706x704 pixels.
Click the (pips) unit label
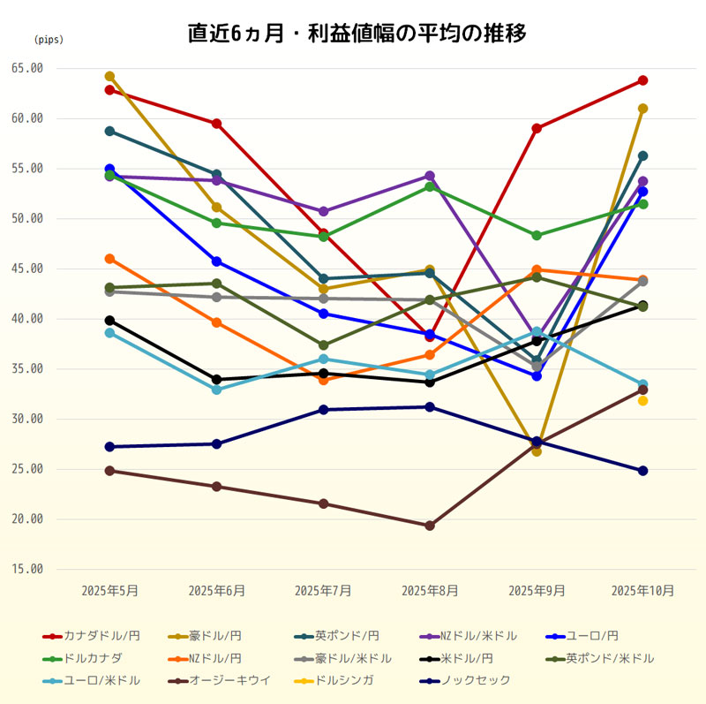coord(49,40)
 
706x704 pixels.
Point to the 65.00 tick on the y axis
coord(28,68)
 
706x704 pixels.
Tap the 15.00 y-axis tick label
coord(28,569)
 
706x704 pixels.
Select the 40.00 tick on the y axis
coord(28,319)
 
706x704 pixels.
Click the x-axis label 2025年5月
coord(109,590)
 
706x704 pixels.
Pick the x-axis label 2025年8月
coord(430,590)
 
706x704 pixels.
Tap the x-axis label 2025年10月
coord(642,590)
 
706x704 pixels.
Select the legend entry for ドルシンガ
coord(344,680)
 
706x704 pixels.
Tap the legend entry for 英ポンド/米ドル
coord(610,658)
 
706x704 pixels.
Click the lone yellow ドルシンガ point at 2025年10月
coord(643,401)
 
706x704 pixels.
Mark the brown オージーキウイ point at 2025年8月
coord(430,526)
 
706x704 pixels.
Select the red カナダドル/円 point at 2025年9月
coord(537,128)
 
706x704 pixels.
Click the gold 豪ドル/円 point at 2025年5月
coord(109,76)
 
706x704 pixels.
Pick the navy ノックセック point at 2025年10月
coord(643,471)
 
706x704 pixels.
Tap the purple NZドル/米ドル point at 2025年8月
coord(430,176)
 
